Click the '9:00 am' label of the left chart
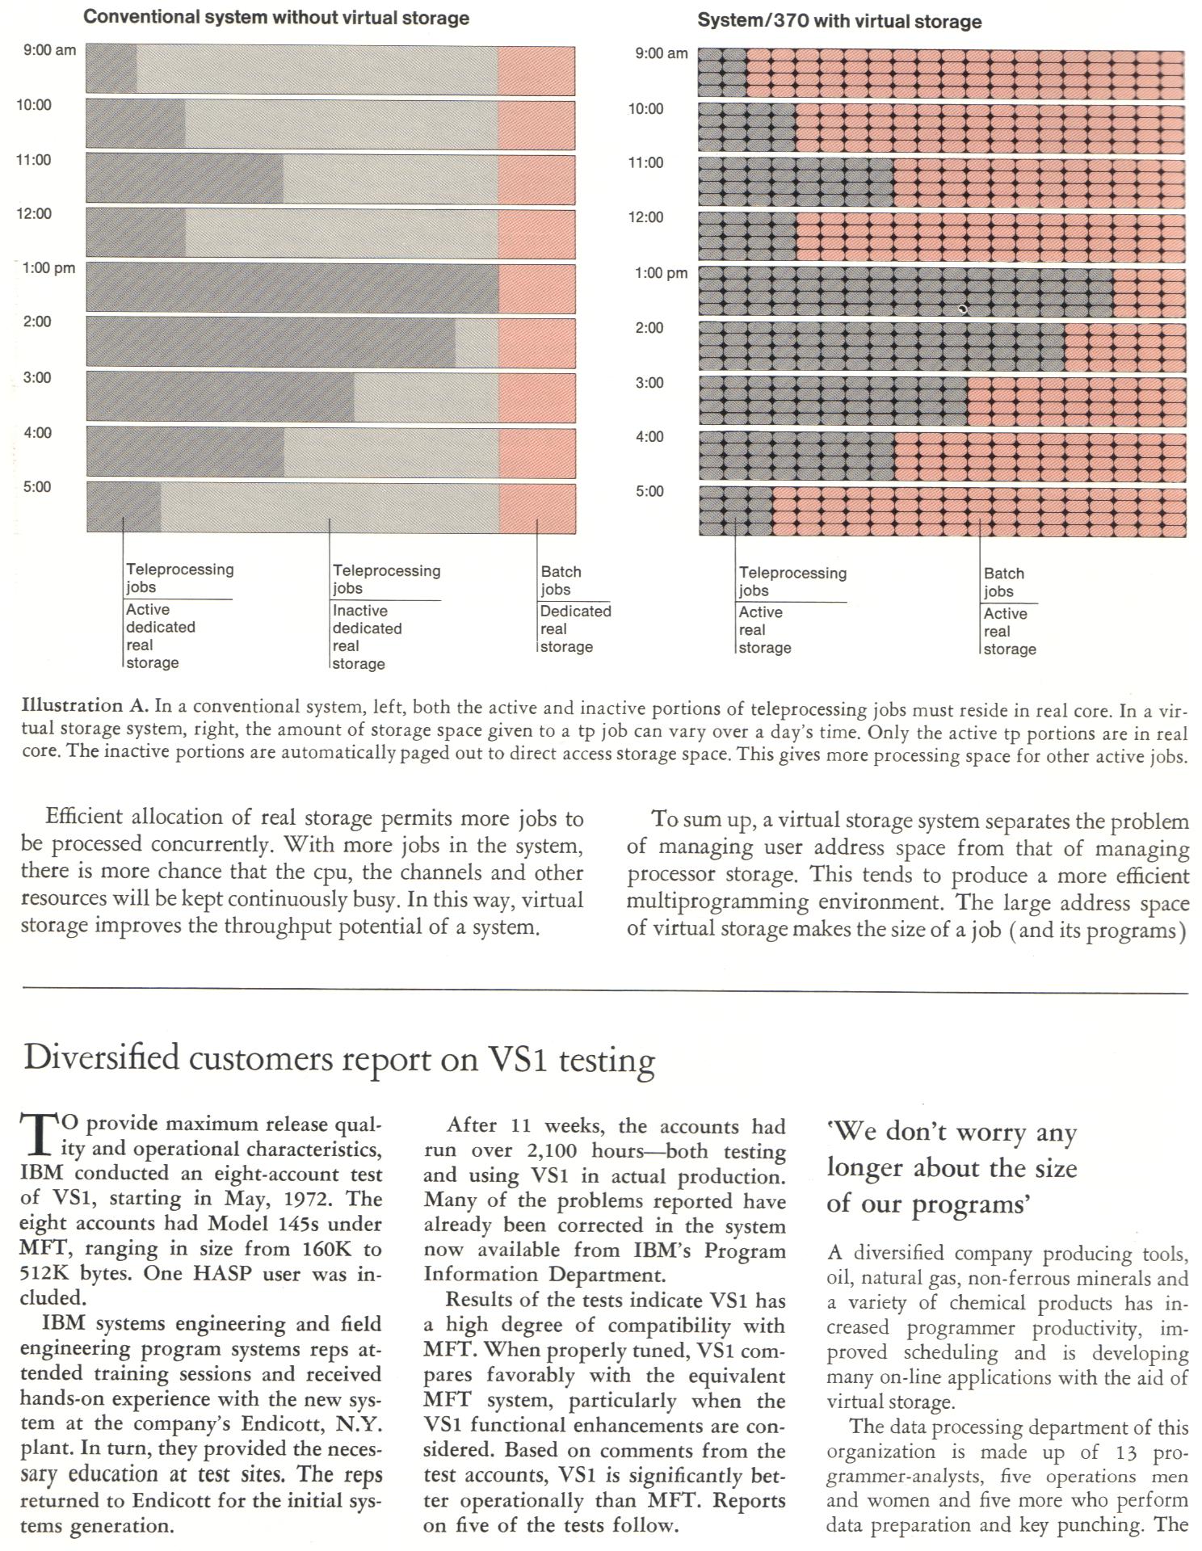49,50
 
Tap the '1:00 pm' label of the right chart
661,273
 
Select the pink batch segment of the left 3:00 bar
537,397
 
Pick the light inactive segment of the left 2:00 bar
477,343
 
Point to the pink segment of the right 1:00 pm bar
1149,292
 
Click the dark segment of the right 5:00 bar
735,511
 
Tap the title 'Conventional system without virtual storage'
276,18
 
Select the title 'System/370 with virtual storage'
839,22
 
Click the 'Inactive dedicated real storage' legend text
368,637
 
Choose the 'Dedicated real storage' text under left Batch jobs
575,628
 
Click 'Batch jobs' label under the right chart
1004,582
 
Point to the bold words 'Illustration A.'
85,705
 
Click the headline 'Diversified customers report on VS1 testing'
339,1059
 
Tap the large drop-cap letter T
38,1135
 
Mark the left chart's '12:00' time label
35,213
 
